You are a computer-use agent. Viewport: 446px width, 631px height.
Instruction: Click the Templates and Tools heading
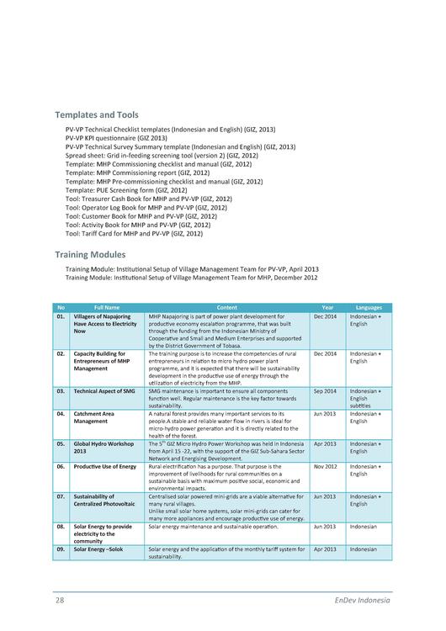click(x=97, y=114)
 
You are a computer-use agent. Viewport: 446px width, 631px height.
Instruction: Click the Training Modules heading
click(x=90, y=253)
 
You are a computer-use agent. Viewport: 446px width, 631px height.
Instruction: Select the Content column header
click(x=226, y=308)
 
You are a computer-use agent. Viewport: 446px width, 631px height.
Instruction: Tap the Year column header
click(x=327, y=308)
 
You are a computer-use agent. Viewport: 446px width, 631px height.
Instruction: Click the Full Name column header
click(x=107, y=308)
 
